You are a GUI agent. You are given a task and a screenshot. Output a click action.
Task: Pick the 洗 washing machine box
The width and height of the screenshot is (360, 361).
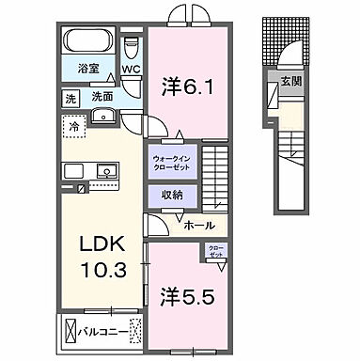(x=70, y=97)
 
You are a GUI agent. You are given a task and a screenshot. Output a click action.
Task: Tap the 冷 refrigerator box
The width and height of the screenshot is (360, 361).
(x=72, y=123)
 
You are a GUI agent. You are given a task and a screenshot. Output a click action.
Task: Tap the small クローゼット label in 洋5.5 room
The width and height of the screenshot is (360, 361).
(x=215, y=251)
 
